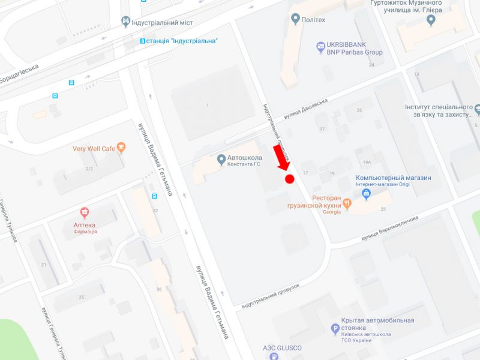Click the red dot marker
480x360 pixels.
pyautogui.click(x=289, y=179)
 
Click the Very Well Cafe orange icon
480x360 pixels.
pyautogui.click(x=122, y=147)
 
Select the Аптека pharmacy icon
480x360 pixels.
pyautogui.click(x=85, y=212)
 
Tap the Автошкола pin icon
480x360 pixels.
pyautogui.click(x=221, y=160)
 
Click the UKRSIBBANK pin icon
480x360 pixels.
pyautogui.click(x=320, y=46)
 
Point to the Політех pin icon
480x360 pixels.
pyautogui.click(x=295, y=19)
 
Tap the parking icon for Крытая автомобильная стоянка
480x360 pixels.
pyautogui.click(x=335, y=329)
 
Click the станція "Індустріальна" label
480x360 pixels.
pyautogui.click(x=182, y=41)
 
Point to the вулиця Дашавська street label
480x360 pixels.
pyautogui.click(x=305, y=109)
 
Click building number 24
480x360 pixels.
pyautogui.click(x=371, y=65)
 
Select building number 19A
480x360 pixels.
pyautogui.click(x=367, y=162)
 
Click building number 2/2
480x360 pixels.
pyautogui.click(x=89, y=169)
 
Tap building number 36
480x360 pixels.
pyautogui.click(x=159, y=290)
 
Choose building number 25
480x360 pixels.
pyautogui.click(x=81, y=297)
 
